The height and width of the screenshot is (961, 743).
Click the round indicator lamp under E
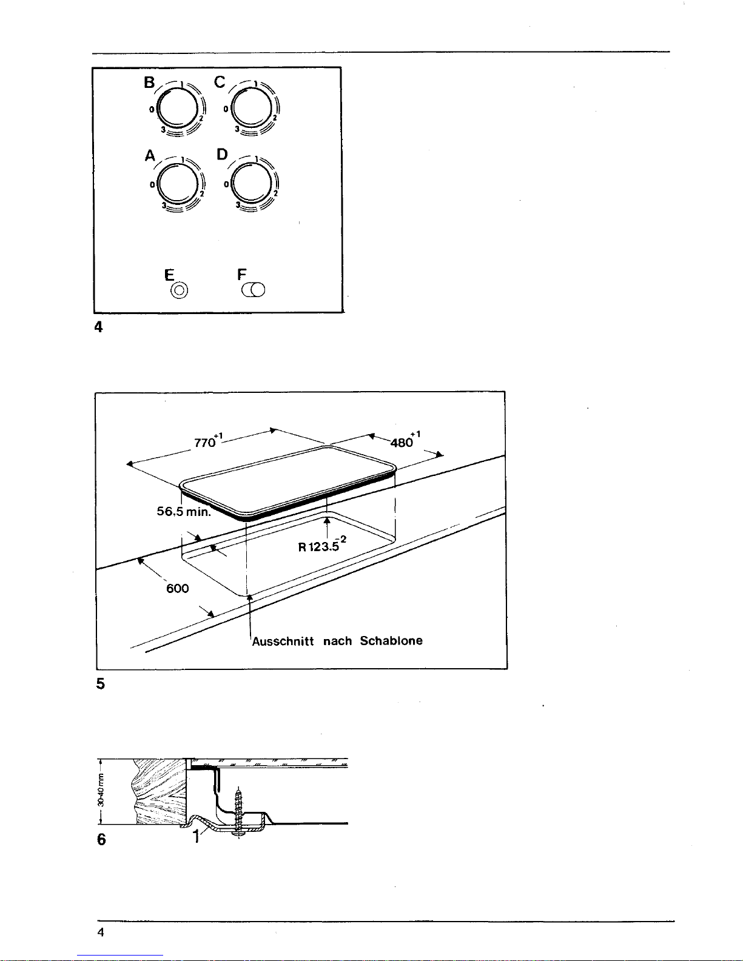(x=179, y=290)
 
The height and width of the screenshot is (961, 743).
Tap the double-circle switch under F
(x=254, y=290)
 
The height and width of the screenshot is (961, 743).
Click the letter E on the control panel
(x=169, y=275)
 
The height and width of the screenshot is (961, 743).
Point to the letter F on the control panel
(x=241, y=274)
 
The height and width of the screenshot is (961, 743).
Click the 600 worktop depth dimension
(x=177, y=589)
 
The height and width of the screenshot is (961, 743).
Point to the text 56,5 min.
(x=184, y=512)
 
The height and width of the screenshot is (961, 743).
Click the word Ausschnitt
(x=283, y=641)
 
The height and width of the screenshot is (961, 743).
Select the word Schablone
(x=391, y=640)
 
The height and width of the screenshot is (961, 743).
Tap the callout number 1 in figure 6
(x=197, y=837)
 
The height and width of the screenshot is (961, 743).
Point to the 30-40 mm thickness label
(x=101, y=790)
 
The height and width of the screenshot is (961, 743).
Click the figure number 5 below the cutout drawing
(x=101, y=684)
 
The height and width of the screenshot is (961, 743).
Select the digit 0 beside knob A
(x=152, y=184)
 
